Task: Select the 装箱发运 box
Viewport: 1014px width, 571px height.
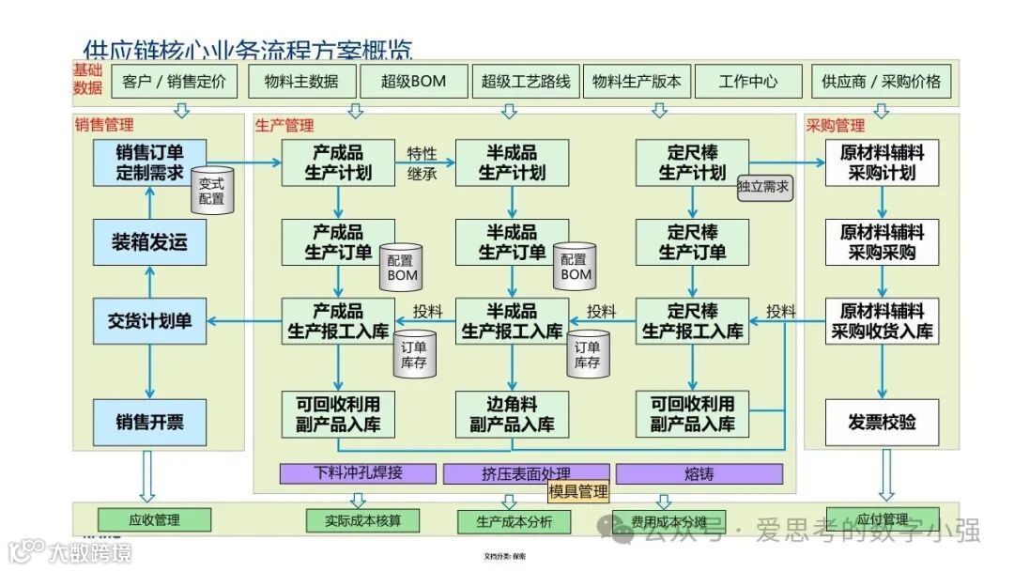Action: (x=150, y=242)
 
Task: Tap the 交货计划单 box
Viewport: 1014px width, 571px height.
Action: (x=150, y=321)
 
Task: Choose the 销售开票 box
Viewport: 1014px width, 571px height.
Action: (x=150, y=422)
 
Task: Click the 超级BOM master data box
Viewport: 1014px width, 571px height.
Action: (x=414, y=82)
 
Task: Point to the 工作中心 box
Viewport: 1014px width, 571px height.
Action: (x=748, y=82)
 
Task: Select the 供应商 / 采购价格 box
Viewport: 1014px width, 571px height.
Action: (x=881, y=82)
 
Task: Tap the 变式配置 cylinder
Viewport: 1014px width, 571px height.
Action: (x=212, y=192)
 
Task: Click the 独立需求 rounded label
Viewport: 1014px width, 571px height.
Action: (x=764, y=187)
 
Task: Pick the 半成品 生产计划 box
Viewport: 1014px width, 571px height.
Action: (x=512, y=162)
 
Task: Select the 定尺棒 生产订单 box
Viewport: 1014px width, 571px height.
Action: (x=692, y=242)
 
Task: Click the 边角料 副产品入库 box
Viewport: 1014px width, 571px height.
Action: (x=512, y=414)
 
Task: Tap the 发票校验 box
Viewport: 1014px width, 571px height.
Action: (x=882, y=422)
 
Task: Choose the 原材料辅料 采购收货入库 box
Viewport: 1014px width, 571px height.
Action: (x=882, y=321)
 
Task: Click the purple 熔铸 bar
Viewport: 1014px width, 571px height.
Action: (x=693, y=473)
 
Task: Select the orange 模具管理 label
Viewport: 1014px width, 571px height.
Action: (x=578, y=491)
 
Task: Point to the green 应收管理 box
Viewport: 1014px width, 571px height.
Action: (x=154, y=519)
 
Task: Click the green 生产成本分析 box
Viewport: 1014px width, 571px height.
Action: (x=514, y=522)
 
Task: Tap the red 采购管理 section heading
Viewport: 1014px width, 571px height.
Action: (x=836, y=125)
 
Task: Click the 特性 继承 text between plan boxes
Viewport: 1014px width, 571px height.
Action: (x=422, y=163)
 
